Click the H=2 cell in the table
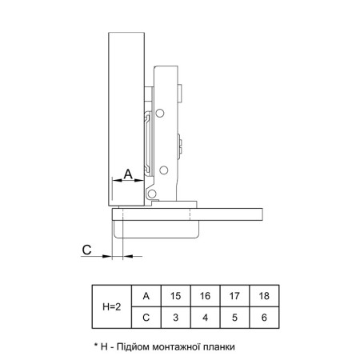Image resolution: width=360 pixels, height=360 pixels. click(112, 306)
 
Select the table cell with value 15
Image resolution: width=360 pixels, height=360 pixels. click(175, 296)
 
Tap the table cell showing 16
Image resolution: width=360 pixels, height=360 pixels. click(205, 296)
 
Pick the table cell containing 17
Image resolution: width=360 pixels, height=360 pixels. click(234, 296)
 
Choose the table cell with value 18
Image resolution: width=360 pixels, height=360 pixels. click(264, 296)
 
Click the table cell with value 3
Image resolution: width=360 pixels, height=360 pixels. click(175, 318)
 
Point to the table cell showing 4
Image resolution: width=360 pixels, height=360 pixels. click(205, 318)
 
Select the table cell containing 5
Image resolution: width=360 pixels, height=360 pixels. click(234, 318)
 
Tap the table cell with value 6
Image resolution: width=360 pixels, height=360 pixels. click(264, 318)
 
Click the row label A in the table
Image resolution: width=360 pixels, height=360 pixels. click(146, 296)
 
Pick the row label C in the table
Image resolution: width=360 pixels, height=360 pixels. click(146, 318)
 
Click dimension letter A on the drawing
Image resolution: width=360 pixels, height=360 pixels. click(128, 174)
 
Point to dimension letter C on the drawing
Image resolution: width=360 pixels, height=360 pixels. click(86, 250)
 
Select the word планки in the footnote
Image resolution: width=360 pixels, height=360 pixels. click(219, 347)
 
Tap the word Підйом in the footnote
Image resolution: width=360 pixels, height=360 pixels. click(132, 346)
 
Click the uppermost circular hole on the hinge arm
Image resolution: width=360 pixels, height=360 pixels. click(160, 114)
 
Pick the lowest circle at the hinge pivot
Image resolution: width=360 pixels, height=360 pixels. click(152, 194)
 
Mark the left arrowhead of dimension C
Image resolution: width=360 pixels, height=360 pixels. click(107, 256)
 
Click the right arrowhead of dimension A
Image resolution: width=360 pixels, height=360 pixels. click(139, 181)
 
